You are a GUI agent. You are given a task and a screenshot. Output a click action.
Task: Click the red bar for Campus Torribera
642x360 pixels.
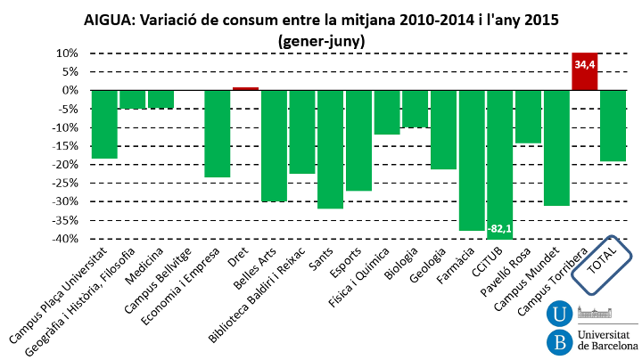[585, 71]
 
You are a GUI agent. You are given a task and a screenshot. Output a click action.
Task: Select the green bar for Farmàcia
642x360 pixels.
[472, 160]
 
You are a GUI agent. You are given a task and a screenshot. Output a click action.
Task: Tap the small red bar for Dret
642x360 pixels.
[245, 88]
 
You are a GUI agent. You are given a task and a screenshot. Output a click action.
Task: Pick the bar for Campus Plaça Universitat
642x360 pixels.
[104, 124]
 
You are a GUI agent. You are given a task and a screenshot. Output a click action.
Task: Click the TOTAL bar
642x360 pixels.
[613, 126]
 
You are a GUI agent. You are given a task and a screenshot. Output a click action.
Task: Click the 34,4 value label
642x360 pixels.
[585, 65]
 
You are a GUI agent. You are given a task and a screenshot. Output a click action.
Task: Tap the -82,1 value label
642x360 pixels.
[499, 229]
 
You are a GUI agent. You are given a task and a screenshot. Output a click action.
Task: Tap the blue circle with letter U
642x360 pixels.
[560, 314]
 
